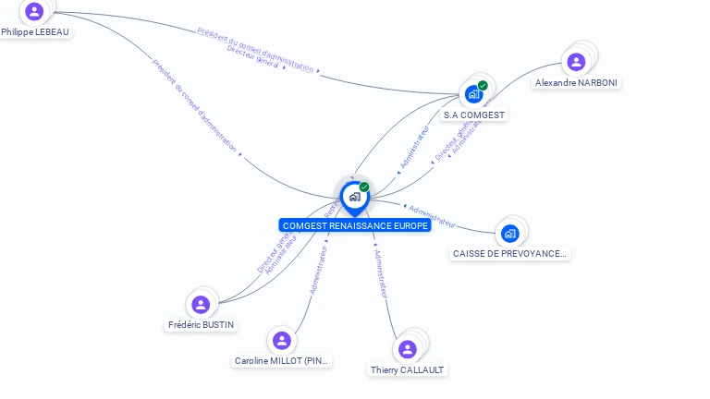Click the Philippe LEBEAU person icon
(34, 11)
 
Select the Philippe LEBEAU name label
(35, 31)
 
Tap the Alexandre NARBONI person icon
(576, 62)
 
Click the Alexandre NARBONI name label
(577, 82)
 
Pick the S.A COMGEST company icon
(474, 94)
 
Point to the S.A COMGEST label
(474, 115)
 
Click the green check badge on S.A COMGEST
(483, 86)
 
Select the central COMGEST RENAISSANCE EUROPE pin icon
(354, 197)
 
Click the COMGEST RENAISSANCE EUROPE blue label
(355, 225)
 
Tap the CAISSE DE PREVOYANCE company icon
(509, 233)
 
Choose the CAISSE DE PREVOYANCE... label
(509, 253)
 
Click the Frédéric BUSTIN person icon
(201, 305)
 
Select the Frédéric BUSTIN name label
(201, 325)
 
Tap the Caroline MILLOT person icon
(282, 341)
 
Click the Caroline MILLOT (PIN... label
(282, 361)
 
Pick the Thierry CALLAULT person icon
(407, 349)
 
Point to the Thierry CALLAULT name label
(407, 369)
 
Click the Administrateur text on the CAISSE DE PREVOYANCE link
(432, 215)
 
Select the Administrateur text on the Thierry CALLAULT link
(379, 272)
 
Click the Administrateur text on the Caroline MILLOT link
(319, 271)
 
